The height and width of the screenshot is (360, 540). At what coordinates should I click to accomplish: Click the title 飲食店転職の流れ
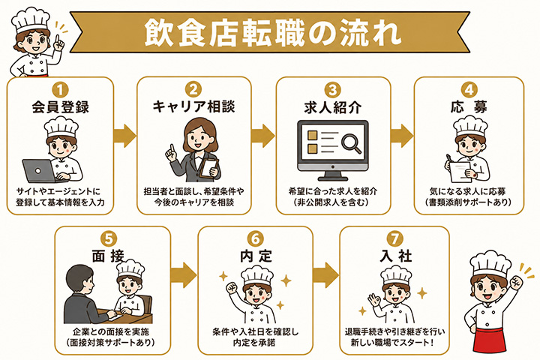tap(272, 32)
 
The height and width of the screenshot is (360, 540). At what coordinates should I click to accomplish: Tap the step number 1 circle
tap(60, 90)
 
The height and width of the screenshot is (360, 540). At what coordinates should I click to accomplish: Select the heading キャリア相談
tap(194, 106)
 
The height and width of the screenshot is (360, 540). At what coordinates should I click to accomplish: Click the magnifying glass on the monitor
tap(352, 142)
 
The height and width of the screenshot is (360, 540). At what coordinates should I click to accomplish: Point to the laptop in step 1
tap(40, 171)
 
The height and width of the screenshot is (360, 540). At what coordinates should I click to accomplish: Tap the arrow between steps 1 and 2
tap(125, 136)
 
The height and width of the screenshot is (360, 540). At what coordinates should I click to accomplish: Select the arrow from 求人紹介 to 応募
tap(402, 136)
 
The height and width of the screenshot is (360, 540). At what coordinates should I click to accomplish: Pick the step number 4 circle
tap(469, 90)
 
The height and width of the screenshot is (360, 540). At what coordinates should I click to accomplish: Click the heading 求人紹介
tap(333, 107)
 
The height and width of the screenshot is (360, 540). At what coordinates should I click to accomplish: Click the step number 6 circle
tap(256, 238)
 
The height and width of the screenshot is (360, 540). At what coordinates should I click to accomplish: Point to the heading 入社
tap(396, 256)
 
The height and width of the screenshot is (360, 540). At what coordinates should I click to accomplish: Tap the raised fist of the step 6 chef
tap(232, 287)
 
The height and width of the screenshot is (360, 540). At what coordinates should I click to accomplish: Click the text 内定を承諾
tap(255, 343)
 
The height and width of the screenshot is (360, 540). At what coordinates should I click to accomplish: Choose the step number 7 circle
tap(394, 238)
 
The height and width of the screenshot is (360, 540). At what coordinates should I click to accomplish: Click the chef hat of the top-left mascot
tap(31, 20)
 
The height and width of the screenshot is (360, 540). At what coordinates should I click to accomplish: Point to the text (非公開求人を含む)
tap(333, 202)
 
